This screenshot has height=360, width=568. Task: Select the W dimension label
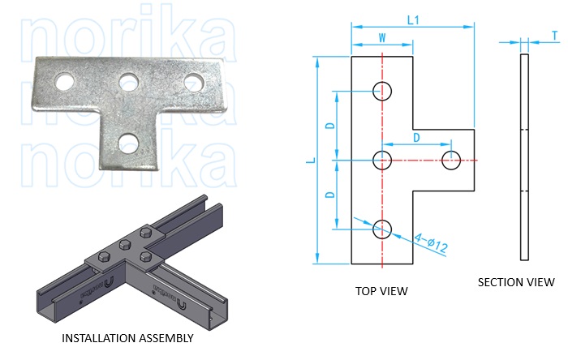pos(382,36)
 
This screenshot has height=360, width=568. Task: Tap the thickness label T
pos(554,36)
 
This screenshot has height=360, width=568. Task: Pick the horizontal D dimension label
pos(416,138)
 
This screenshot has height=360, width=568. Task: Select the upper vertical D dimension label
pos(329,126)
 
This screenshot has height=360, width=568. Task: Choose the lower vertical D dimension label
pos(329,195)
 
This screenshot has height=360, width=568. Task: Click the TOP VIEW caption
pos(381,290)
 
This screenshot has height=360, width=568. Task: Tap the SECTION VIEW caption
pos(516,282)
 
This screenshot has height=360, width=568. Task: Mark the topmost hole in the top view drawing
pos(382,91)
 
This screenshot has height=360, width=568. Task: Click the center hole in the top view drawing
pos(382,160)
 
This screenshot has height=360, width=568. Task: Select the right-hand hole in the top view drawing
pos(450,160)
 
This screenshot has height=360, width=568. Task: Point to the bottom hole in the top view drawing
pos(382,229)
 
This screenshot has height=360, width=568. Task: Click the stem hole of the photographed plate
pos(127,144)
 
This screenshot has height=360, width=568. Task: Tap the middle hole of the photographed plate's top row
pos(127,82)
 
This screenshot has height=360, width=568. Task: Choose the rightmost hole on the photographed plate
pos(193,81)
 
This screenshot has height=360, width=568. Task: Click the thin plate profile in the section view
pos(523,159)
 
